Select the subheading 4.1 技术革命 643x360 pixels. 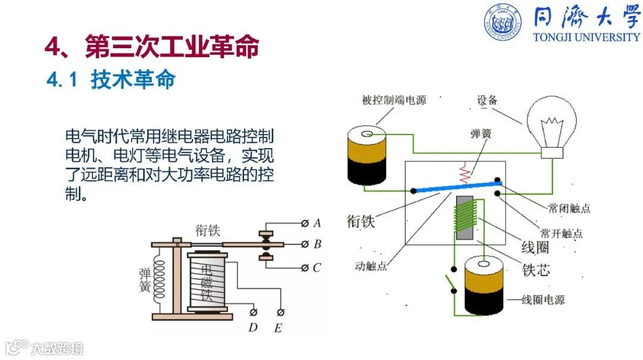pos(111,80)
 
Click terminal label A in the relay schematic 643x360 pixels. pos(317,223)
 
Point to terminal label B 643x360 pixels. pos(317,244)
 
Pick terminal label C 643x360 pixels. pos(317,268)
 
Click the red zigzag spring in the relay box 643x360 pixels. pos(465,173)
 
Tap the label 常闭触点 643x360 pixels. pos(569,208)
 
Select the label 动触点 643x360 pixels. pos(370,267)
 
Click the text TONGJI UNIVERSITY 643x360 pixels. pos(586,37)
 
